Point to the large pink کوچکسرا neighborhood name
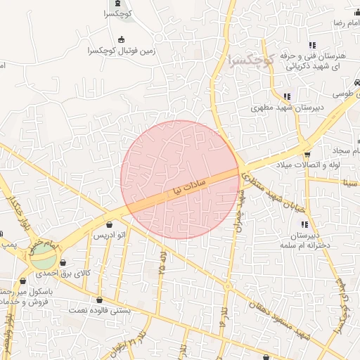click(x=252, y=60)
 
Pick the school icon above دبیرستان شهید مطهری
click(x=286, y=96)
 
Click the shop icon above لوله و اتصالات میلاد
click(x=307, y=154)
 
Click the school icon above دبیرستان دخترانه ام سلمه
click(x=304, y=224)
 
